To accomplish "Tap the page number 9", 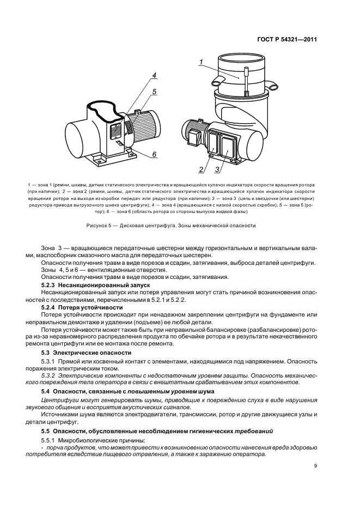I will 315,466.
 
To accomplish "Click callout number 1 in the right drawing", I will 201,64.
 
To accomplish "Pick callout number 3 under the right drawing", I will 217,170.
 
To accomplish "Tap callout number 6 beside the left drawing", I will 154,155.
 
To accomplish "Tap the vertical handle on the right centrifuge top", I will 247,82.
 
